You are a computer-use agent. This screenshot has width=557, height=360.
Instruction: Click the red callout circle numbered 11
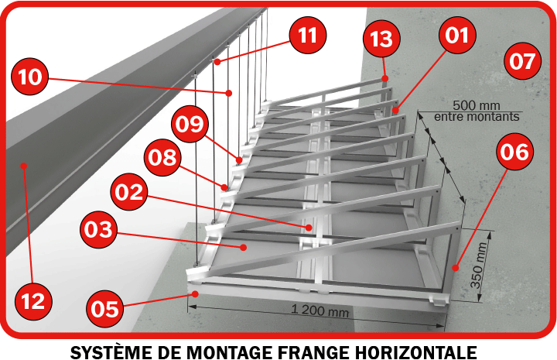[x=308, y=35]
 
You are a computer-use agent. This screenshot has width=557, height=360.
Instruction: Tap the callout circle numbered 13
[x=382, y=39]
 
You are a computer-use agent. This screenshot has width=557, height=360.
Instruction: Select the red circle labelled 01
[x=457, y=35]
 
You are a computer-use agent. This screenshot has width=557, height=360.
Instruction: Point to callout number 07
[x=522, y=61]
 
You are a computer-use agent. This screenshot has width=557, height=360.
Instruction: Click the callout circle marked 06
[x=514, y=152]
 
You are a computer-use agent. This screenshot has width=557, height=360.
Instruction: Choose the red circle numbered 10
[x=30, y=77]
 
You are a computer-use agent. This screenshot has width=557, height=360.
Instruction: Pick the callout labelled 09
[x=190, y=124]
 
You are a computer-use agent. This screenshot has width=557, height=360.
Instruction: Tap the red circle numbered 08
[x=162, y=157]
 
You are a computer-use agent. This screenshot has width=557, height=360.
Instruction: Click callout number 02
[x=129, y=192]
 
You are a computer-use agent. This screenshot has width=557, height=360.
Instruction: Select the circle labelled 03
[x=98, y=229]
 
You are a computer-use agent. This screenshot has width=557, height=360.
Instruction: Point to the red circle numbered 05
[x=105, y=308]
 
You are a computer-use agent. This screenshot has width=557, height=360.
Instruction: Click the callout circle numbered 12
[x=34, y=301]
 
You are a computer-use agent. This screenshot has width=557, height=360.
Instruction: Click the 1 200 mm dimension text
[x=320, y=311]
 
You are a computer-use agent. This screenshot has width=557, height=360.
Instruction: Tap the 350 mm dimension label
[x=478, y=265]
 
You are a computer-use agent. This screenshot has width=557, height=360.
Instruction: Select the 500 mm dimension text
[x=477, y=105]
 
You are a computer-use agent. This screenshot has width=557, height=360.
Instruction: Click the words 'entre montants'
[x=477, y=116]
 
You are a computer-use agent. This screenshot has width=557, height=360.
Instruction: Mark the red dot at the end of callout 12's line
[x=24, y=166]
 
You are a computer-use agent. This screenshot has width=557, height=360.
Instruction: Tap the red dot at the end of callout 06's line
[x=456, y=268]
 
